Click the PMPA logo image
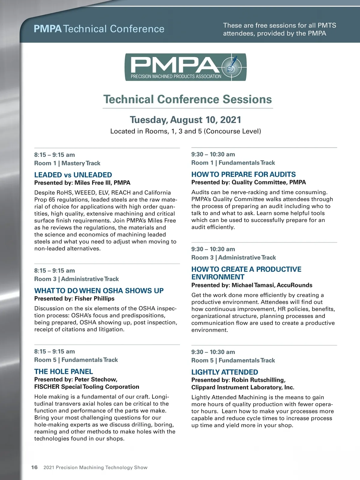click(x=185, y=67)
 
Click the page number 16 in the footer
click(x=34, y=467)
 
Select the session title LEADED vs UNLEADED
click(x=73, y=175)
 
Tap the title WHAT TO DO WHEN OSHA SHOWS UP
click(x=99, y=291)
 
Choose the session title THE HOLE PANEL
click(x=64, y=372)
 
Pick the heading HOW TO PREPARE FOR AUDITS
click(x=243, y=174)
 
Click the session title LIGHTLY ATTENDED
click(x=225, y=372)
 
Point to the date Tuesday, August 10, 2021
click(x=185, y=120)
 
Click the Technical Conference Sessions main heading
click(x=187, y=99)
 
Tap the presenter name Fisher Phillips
click(x=94, y=298)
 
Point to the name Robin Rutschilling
click(x=258, y=380)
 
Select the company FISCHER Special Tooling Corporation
click(x=87, y=387)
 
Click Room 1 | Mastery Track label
click(x=67, y=163)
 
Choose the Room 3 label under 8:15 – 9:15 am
click(x=45, y=279)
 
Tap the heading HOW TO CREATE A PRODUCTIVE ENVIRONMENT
click(x=246, y=273)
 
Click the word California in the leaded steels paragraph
click(x=157, y=193)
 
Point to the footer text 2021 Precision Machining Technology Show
click(x=95, y=467)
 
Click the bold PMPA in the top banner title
click(x=48, y=29)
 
